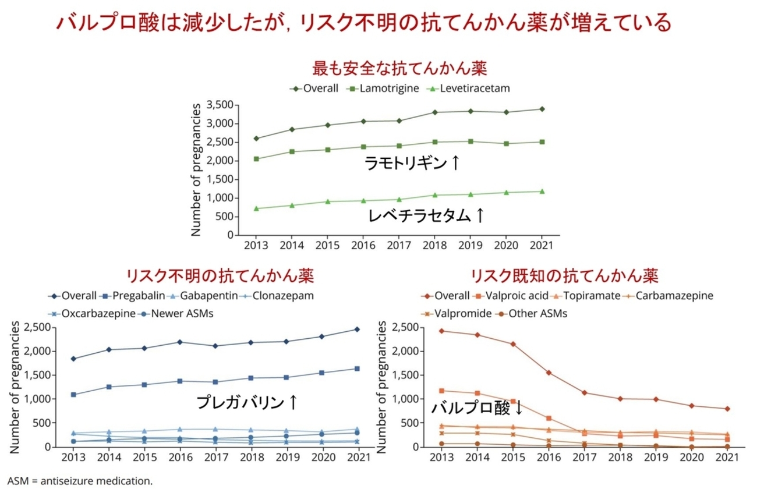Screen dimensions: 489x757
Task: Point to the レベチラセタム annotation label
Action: click(x=426, y=215)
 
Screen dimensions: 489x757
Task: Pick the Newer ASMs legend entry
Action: click(x=175, y=313)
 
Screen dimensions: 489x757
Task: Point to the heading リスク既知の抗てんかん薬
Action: click(x=564, y=274)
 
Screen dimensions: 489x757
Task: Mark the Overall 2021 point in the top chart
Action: click(x=542, y=109)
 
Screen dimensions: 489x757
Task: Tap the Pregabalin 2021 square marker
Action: click(x=357, y=368)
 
